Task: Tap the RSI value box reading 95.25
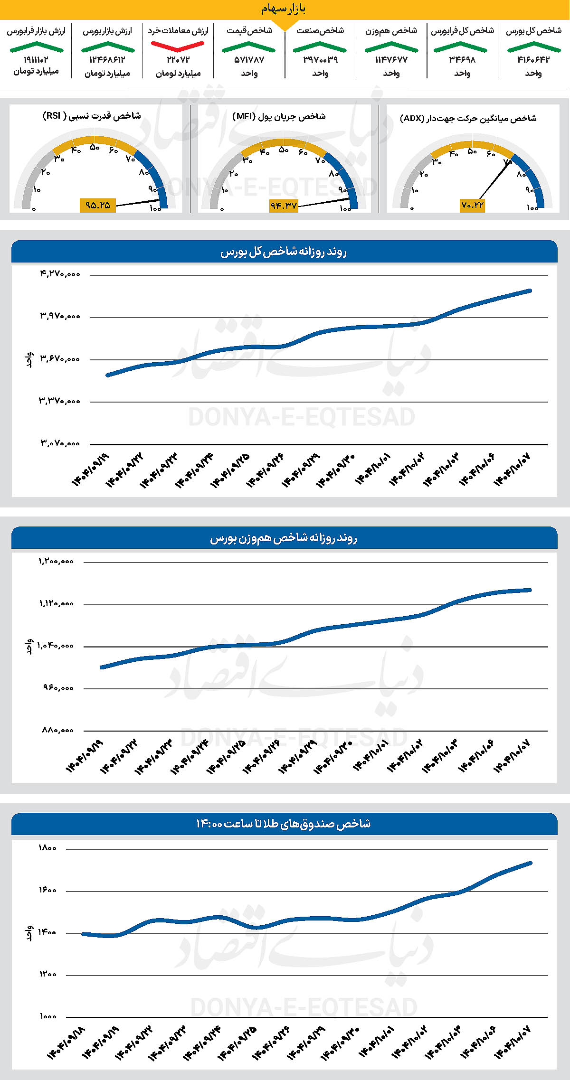pyautogui.click(x=97, y=205)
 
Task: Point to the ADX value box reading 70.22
pyautogui.click(x=472, y=205)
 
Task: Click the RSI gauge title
pyautogui.click(x=92, y=116)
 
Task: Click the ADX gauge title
pyautogui.click(x=468, y=118)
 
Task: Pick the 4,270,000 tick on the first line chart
pyautogui.click(x=60, y=274)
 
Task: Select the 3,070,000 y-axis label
pyautogui.click(x=60, y=443)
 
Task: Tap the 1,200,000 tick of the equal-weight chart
pyautogui.click(x=56, y=561)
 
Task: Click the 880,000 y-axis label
pyautogui.click(x=57, y=730)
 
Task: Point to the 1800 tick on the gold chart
pyautogui.click(x=47, y=848)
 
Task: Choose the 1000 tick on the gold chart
pyautogui.click(x=47, y=1016)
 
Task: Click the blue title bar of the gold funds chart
pyautogui.click(x=284, y=824)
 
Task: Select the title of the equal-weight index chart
pyautogui.click(x=284, y=538)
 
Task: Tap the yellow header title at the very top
pyautogui.click(x=284, y=9)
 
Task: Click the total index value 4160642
pyautogui.click(x=533, y=60)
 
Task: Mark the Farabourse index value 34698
pyautogui.click(x=462, y=60)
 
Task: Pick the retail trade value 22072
pyautogui.click(x=178, y=60)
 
